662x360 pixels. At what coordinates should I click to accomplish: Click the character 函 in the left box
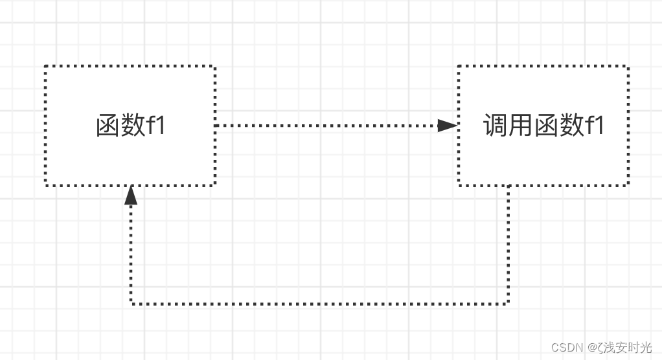(x=108, y=126)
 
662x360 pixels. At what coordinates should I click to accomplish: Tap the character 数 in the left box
(x=133, y=126)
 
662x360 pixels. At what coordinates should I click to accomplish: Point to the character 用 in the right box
(x=521, y=126)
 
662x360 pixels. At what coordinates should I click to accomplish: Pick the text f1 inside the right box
(x=595, y=126)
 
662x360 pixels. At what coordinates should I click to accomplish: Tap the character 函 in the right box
(x=546, y=126)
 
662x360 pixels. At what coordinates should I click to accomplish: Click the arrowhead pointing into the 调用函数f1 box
(x=448, y=126)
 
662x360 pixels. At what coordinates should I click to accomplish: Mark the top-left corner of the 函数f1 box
(x=45, y=66)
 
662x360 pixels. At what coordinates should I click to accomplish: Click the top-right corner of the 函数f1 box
(x=214, y=66)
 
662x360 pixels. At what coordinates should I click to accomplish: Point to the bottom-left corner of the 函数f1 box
(x=45, y=185)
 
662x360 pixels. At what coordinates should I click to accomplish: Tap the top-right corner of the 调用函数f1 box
(x=628, y=66)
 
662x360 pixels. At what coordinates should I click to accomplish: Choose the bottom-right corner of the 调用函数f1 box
(x=628, y=185)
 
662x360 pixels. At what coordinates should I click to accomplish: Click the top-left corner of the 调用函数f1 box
(x=459, y=66)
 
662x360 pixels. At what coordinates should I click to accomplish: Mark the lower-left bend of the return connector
(x=131, y=303)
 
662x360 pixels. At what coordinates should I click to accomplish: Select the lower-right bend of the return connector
(x=508, y=303)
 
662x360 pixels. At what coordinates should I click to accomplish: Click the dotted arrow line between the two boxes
(x=324, y=126)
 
